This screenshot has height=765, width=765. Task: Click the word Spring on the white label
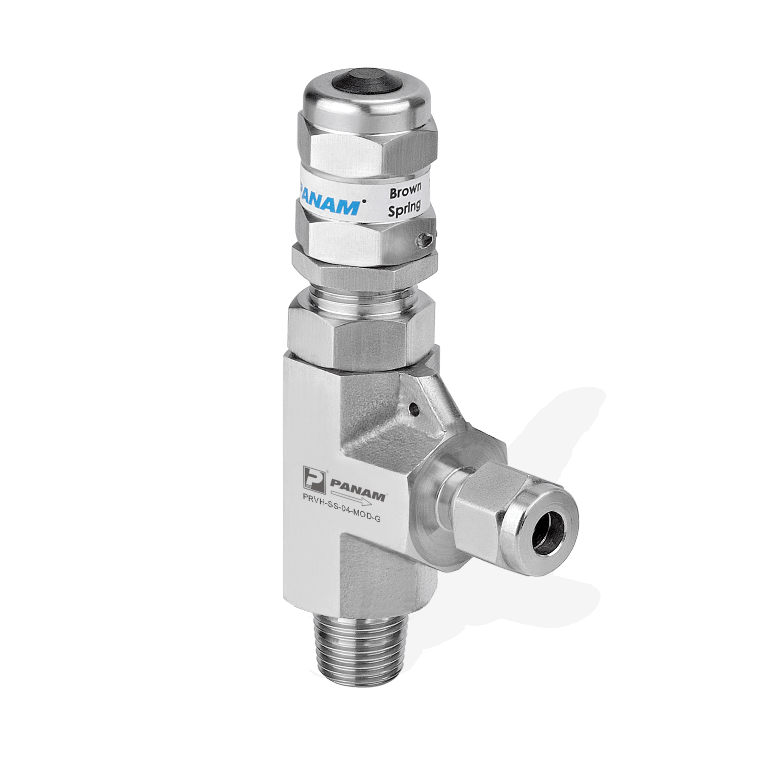click(404, 208)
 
